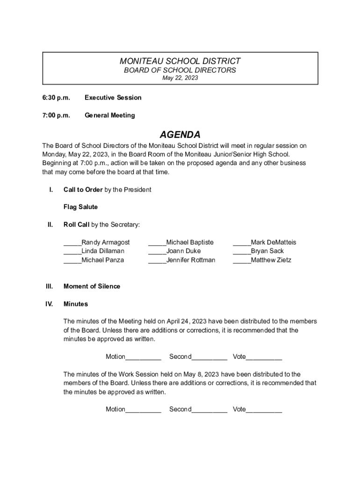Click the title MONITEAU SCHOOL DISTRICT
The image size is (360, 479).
pyautogui.click(x=180, y=61)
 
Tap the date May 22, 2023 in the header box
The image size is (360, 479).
pyautogui.click(x=180, y=78)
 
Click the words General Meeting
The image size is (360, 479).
pyautogui.click(x=109, y=115)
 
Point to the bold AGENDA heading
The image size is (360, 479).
pyautogui.click(x=180, y=135)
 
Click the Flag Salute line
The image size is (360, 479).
pyautogui.click(x=80, y=207)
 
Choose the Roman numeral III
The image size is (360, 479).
pyautogui.click(x=49, y=286)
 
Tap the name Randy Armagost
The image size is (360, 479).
pyautogui.click(x=106, y=242)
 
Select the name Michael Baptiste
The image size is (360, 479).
pyautogui.click(x=190, y=242)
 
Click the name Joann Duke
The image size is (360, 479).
pyautogui.click(x=183, y=251)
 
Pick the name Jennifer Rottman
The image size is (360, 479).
pyautogui.click(x=191, y=260)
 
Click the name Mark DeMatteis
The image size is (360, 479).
pyautogui.click(x=274, y=242)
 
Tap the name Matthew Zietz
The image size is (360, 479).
pyautogui.click(x=271, y=260)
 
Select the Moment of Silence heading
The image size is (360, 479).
pyautogui.click(x=92, y=286)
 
